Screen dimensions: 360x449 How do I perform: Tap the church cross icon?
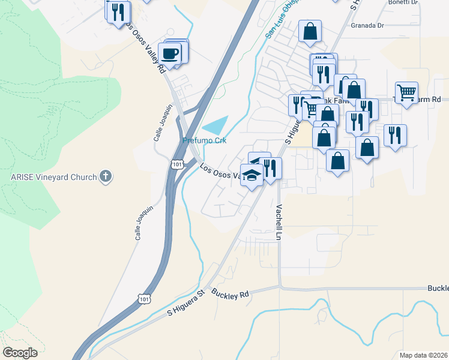coord(106,176)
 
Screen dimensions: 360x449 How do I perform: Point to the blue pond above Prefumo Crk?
coord(217,125)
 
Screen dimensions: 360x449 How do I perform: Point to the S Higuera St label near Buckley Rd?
coord(186,302)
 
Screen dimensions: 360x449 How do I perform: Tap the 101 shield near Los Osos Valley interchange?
coord(176,164)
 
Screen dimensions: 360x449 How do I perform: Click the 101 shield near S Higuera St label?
coord(143,298)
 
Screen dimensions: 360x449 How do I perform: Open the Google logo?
coord(20,353)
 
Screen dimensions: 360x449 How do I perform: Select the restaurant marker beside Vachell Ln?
coord(270,168)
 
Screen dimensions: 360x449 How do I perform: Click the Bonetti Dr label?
coord(402,2)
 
